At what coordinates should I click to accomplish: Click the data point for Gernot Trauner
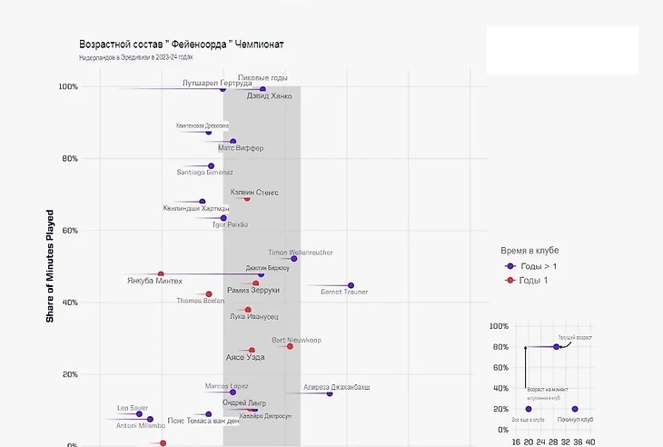[x=351, y=285]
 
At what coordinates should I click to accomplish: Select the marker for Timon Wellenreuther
[x=293, y=259]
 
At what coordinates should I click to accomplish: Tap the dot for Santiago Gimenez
[x=211, y=166]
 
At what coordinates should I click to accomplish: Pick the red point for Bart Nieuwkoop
[x=290, y=346]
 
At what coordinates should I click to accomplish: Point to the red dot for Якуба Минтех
[x=161, y=274]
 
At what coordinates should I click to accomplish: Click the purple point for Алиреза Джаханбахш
[x=330, y=393]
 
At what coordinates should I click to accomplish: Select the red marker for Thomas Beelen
[x=209, y=294]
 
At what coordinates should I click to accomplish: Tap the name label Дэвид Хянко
[x=270, y=95]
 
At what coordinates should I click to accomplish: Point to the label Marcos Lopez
[x=226, y=386]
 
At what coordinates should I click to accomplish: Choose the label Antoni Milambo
[x=140, y=425]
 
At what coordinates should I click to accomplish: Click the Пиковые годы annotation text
[x=262, y=78]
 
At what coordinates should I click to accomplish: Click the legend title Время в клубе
[x=529, y=249]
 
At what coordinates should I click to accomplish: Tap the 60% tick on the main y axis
[x=68, y=231]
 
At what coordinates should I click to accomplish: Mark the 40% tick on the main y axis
[x=68, y=303]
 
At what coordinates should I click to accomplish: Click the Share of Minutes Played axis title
[x=51, y=266]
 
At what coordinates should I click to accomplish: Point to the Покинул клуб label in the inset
[x=575, y=420]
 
